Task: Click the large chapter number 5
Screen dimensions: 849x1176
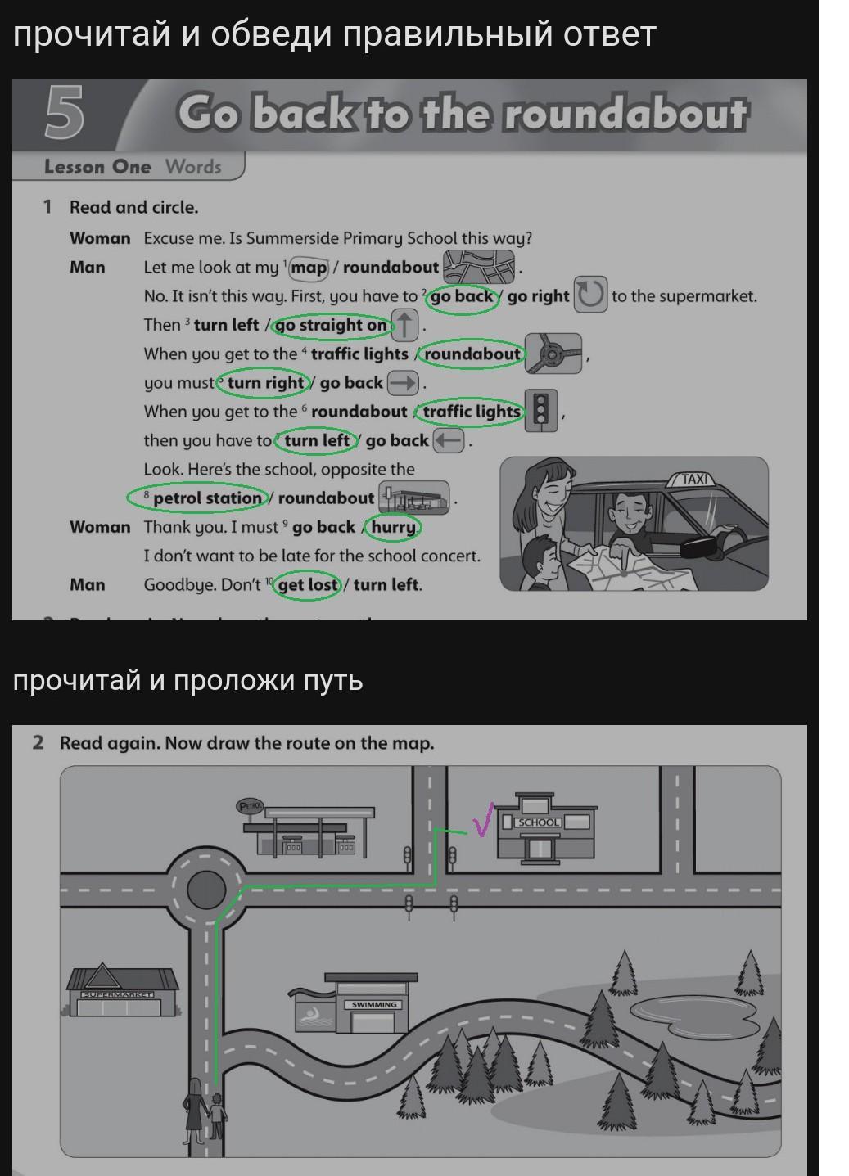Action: pos(64,112)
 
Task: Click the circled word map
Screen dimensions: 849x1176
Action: pos(309,268)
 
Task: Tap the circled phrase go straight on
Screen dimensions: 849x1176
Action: pos(332,326)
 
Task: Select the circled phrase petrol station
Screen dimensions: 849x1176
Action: pos(198,498)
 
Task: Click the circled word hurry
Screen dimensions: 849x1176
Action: pos(394,526)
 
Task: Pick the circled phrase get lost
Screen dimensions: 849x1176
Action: pos(307,584)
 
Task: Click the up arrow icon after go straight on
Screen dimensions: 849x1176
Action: pos(404,325)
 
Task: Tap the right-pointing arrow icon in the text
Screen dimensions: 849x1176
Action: pos(403,383)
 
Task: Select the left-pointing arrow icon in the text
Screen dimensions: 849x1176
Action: pos(449,440)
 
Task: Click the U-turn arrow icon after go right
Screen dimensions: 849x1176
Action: pos(590,295)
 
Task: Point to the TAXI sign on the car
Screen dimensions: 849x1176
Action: pos(694,480)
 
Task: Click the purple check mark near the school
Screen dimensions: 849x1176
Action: pos(483,819)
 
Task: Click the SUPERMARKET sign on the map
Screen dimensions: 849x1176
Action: pos(118,994)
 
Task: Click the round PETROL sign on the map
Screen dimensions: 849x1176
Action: pos(250,806)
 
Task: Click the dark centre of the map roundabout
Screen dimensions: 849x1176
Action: pos(206,890)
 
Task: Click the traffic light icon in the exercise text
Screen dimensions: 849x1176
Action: pos(541,411)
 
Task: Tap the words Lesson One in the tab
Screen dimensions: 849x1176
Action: pos(97,167)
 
